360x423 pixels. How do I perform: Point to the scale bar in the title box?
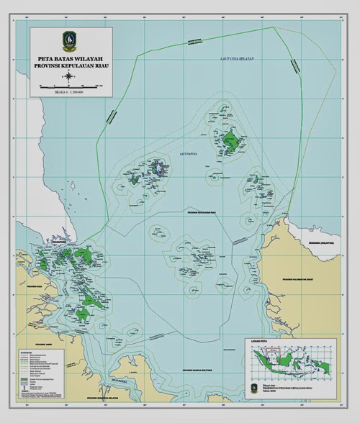click(x=71, y=86)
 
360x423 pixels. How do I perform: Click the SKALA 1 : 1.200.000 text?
click(x=71, y=92)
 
